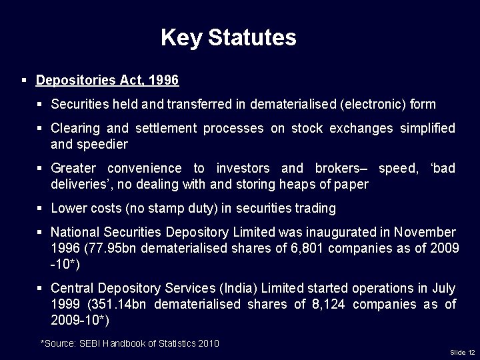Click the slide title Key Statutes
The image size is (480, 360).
[228, 37]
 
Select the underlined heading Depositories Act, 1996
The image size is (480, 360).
[107, 81]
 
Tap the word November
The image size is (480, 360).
[425, 233]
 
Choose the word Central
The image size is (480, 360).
[73, 289]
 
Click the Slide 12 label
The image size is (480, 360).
[462, 352]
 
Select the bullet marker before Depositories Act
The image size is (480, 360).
[24, 81]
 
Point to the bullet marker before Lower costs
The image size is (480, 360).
[40, 209]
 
